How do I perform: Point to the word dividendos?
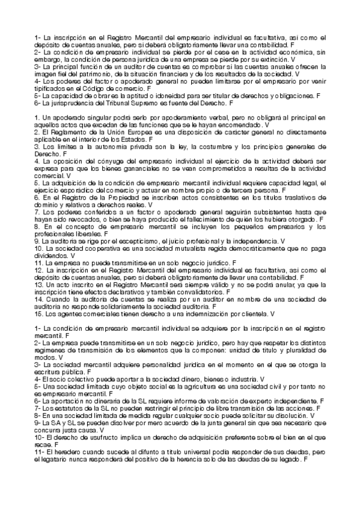tap(50, 255)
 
